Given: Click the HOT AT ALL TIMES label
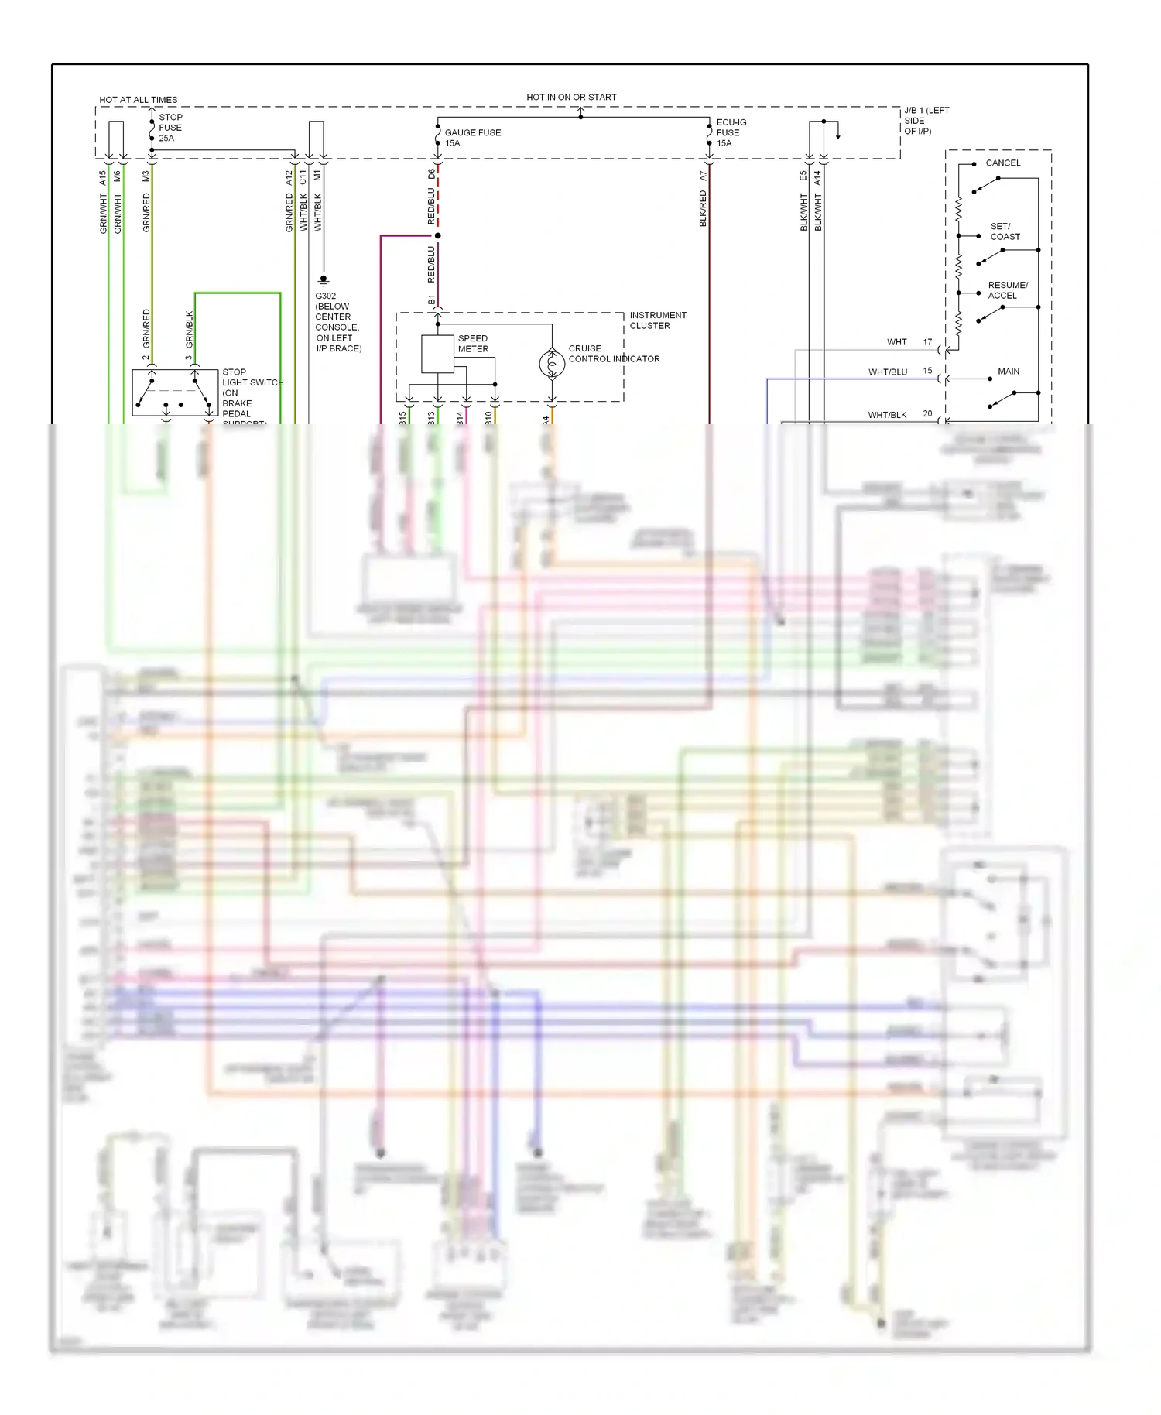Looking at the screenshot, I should click(x=138, y=100).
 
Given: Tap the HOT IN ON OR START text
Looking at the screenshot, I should click(x=571, y=98).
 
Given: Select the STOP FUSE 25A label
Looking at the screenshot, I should click(x=170, y=128).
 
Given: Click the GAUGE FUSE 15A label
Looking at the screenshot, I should click(x=472, y=138).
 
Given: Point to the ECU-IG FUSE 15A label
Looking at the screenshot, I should click(x=731, y=132).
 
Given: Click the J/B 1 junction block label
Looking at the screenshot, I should click(x=926, y=121).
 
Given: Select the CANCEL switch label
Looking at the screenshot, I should click(x=1002, y=163).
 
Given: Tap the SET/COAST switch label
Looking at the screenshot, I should click(x=1005, y=231).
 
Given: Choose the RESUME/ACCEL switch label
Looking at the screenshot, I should click(x=1007, y=290).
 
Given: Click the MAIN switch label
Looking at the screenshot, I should click(x=1008, y=372).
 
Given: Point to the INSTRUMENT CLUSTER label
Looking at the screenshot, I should click(x=657, y=320).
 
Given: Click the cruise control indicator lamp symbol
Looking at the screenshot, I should click(x=552, y=363).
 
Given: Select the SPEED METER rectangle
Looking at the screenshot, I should click(x=437, y=354).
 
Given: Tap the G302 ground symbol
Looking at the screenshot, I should click(x=324, y=280).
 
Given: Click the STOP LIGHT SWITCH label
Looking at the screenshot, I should click(x=252, y=392).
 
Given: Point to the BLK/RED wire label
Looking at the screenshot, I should click(x=703, y=209).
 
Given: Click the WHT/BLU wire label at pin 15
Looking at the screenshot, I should click(x=887, y=372).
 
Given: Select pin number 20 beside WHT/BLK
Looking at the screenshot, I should click(x=927, y=414).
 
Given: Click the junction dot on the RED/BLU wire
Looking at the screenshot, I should click(x=437, y=235).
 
